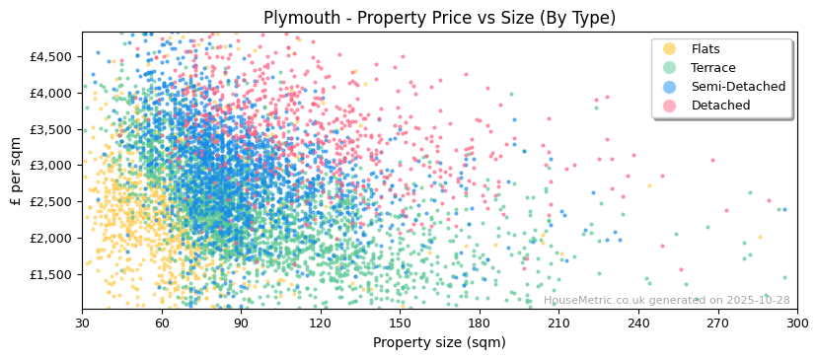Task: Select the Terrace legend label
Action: click(x=713, y=68)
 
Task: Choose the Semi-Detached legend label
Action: click(x=738, y=87)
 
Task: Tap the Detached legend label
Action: click(x=720, y=106)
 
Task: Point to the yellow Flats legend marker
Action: click(x=670, y=49)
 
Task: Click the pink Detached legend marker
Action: click(x=670, y=106)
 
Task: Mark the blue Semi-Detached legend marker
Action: click(x=670, y=87)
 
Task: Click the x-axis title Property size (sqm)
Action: click(x=439, y=343)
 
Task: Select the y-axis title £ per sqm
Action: click(x=16, y=171)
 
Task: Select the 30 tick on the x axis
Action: click(x=82, y=323)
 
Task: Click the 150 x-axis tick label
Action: click(x=400, y=323)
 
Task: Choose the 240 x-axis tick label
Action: click(x=638, y=323)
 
